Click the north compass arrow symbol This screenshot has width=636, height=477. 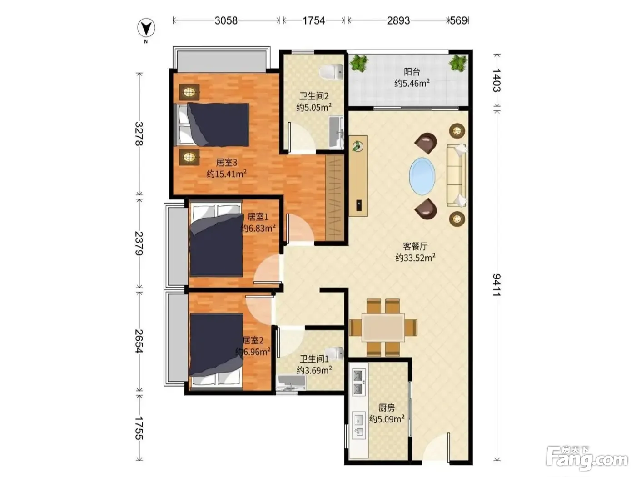[x=146, y=28]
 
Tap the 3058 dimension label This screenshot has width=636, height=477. [x=226, y=20]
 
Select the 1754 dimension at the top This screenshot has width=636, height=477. [x=314, y=20]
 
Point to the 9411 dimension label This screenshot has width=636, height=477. [x=497, y=285]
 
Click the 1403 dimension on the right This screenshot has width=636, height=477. [x=497, y=80]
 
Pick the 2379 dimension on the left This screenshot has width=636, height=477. [x=139, y=243]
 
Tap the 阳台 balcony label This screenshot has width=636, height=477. [x=412, y=71]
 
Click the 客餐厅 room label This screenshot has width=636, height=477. [x=415, y=246]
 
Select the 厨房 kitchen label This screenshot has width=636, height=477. [x=387, y=408]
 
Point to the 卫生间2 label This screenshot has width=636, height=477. [x=314, y=96]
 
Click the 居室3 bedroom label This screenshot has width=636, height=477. [x=227, y=163]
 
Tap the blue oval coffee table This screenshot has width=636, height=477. [x=422, y=176]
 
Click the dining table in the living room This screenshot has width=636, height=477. [x=383, y=327]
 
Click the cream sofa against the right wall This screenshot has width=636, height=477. [x=457, y=175]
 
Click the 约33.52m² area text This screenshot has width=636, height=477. [x=415, y=258]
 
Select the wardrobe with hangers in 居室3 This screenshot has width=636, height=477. [x=335, y=198]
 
